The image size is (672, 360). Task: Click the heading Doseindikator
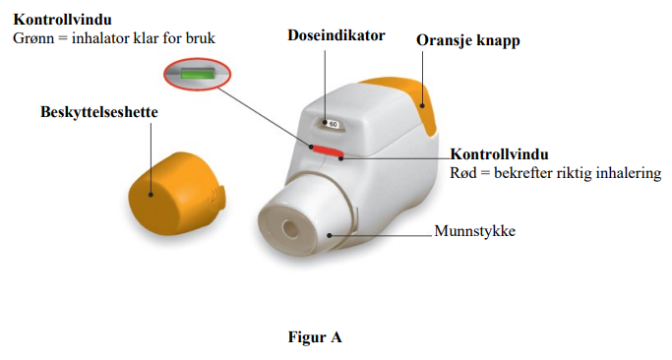(x=336, y=35)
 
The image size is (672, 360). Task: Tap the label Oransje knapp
(x=468, y=40)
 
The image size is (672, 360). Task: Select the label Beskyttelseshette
(x=99, y=112)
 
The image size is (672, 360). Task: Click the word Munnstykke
(x=475, y=231)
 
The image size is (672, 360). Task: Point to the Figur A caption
(x=315, y=337)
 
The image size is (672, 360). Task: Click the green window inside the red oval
(x=197, y=74)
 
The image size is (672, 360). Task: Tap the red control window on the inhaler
(x=328, y=150)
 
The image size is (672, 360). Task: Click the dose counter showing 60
(x=333, y=124)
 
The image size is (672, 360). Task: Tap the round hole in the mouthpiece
(x=290, y=230)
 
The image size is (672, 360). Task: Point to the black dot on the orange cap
(x=151, y=195)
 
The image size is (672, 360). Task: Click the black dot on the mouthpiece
(x=330, y=235)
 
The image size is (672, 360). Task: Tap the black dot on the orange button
(x=422, y=105)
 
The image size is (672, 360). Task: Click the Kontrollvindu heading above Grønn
(x=63, y=20)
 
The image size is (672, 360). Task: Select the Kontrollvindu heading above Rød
(x=499, y=154)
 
